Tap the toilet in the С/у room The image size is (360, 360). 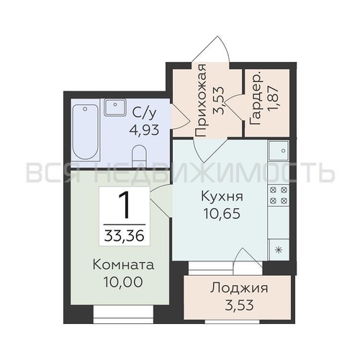[x=140, y=153]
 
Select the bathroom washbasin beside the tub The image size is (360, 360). [x=115, y=109]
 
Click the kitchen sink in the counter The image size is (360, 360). [x=278, y=150]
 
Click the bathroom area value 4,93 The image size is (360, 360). [x=144, y=130]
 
